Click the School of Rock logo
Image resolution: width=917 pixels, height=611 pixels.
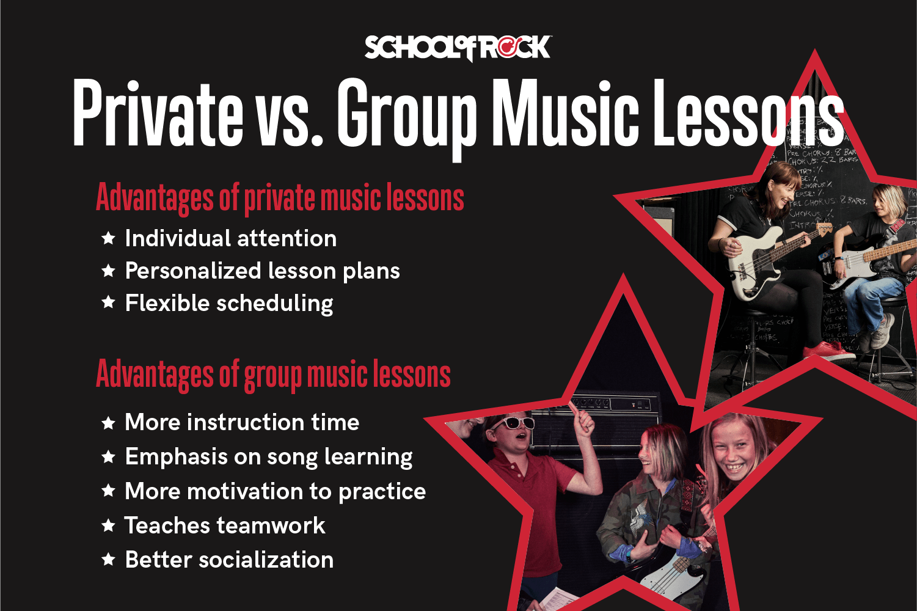coord(458,48)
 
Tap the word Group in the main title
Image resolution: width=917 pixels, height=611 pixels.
coord(406,116)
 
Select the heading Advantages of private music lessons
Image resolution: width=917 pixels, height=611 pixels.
coord(280,198)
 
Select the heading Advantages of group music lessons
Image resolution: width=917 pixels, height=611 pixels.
coord(273,374)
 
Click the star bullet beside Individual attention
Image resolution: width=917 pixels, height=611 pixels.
coord(109,238)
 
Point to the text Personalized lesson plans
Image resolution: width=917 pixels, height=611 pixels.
coord(262,271)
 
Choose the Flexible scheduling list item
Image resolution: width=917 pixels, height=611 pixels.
coord(229,303)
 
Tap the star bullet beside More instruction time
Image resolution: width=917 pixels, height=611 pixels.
coord(109,423)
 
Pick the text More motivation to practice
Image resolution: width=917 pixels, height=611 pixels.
coord(275,491)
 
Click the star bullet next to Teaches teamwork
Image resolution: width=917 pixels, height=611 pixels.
coord(109,525)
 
